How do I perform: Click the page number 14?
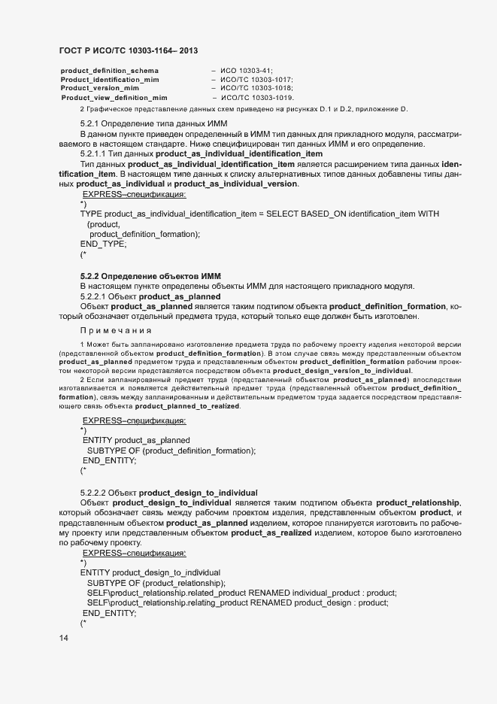(x=63, y=638)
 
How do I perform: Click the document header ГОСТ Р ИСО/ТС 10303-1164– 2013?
(x=129, y=50)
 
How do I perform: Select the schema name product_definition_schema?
(x=110, y=70)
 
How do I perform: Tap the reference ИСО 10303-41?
(x=247, y=70)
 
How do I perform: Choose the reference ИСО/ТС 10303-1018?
(x=256, y=88)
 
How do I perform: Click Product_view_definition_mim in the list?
(x=114, y=98)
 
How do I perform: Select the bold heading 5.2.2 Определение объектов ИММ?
(x=150, y=277)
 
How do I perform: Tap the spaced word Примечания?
(x=116, y=330)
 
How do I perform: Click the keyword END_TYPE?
(x=104, y=244)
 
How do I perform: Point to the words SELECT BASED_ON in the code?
(x=305, y=214)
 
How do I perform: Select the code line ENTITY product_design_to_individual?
(x=150, y=572)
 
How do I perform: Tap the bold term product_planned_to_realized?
(x=188, y=406)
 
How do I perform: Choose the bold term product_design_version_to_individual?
(x=342, y=371)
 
